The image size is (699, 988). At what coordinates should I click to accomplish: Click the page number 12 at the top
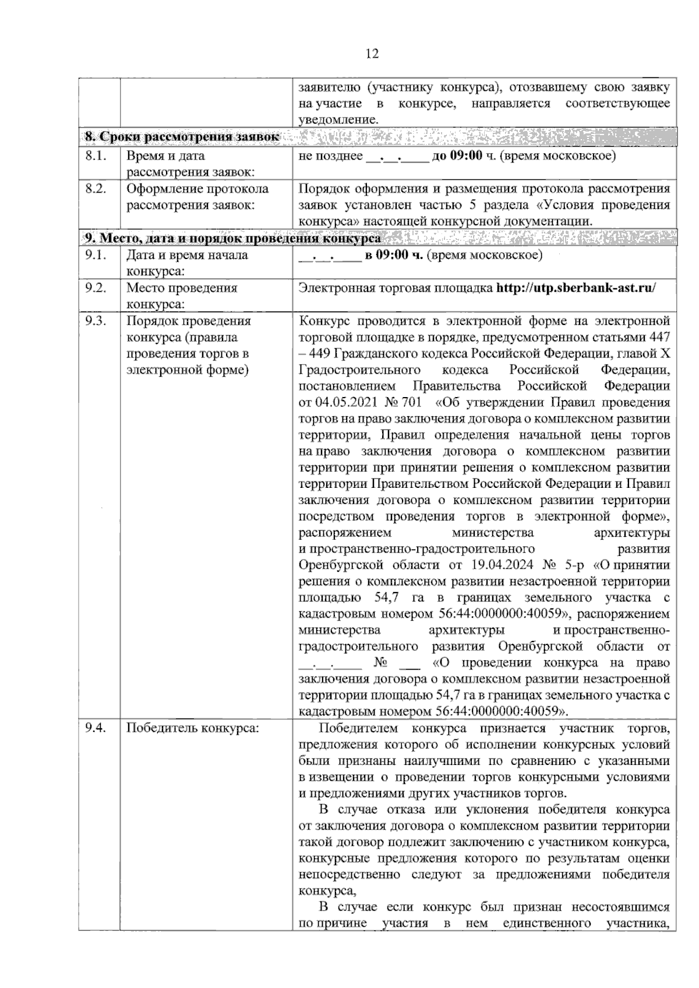point(372,54)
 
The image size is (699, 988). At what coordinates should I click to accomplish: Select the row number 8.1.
point(96,156)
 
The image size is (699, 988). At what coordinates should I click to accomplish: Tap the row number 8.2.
point(96,189)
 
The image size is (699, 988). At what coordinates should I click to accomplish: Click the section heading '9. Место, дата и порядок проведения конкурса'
point(231,238)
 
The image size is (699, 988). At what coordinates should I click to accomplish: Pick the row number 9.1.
point(96,255)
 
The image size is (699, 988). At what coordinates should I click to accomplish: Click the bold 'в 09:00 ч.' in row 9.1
point(394,255)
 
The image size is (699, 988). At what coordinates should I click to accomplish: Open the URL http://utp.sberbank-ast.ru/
point(576,288)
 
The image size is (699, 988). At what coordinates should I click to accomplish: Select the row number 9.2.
point(96,288)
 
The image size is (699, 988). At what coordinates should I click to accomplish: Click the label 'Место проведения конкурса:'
point(182,296)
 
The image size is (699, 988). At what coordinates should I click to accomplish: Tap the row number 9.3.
point(96,321)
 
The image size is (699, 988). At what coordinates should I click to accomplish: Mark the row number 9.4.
point(96,728)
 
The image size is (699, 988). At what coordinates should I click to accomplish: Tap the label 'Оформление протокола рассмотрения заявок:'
point(197,197)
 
